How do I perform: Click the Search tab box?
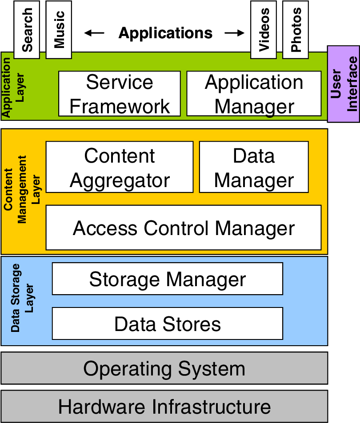27,29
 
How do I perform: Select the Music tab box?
59,29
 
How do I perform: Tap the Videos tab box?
264,29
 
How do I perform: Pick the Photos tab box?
296,29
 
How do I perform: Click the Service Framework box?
120,94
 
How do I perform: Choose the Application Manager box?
254,94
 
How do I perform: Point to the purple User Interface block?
344,84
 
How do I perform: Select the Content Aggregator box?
120,168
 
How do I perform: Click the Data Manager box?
254,168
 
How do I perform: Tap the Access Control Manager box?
184,228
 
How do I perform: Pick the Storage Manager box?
168,279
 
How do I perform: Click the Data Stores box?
168,324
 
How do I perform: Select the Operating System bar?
164,368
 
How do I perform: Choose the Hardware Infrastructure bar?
164,407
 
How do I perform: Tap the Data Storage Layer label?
22,298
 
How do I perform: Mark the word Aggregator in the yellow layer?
120,180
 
